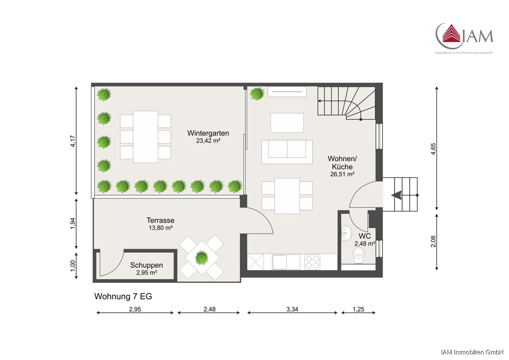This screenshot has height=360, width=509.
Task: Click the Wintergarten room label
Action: coord(208,133)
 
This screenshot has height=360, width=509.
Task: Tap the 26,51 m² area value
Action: coord(342,174)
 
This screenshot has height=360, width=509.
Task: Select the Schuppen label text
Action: coord(147,265)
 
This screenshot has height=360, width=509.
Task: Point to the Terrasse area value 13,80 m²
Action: coord(161,228)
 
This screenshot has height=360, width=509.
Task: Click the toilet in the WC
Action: coord(358,256)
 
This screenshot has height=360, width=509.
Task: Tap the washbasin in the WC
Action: coord(346,233)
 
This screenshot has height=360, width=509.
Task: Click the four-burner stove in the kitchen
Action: coord(312,262)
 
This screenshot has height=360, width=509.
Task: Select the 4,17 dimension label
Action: coord(73,141)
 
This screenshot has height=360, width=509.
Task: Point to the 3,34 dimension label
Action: coord(292,309)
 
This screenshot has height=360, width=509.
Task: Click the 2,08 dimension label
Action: coord(433,241)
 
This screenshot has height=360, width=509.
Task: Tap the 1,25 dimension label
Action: coord(358,309)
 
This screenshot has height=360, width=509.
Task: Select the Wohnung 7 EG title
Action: coord(123,296)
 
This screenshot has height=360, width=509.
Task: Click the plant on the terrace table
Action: coord(201,257)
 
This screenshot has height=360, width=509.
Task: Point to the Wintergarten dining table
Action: coord(145,137)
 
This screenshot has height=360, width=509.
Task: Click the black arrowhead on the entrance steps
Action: coord(396,195)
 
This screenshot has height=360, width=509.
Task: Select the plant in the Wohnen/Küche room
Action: coord(257,94)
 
